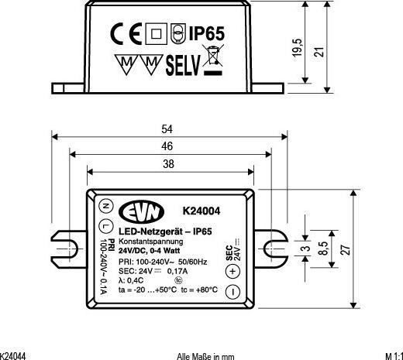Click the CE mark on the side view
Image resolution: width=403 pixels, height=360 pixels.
coord(126,34)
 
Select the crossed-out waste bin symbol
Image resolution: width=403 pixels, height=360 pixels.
coord(212,63)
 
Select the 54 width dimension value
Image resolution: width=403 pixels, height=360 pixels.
coord(168,129)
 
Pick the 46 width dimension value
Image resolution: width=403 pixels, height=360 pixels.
coord(168,146)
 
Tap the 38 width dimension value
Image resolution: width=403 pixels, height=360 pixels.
coord(168,163)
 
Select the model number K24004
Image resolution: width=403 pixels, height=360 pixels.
coord(201,211)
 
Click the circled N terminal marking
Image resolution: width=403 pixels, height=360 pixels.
coord(105,206)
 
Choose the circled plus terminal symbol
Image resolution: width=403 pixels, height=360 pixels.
coord(232,271)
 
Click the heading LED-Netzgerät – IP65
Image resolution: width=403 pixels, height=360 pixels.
coord(165,231)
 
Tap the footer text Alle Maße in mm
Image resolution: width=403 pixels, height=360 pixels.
coord(205,355)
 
